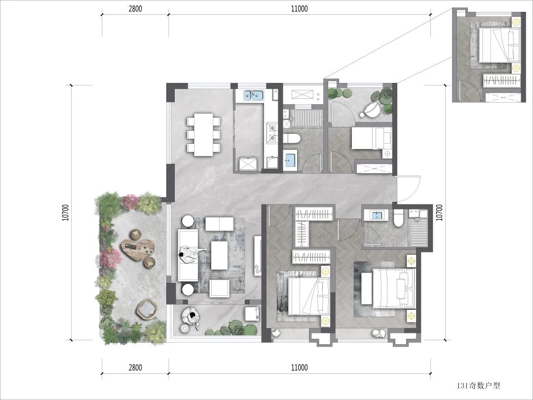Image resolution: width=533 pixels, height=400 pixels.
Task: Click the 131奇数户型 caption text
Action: tap(478, 386)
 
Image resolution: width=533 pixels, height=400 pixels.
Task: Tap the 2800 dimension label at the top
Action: tap(135, 9)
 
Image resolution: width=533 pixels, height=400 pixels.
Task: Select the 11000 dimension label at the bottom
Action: tap(300, 368)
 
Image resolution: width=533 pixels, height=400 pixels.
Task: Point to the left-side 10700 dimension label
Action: tap(66, 212)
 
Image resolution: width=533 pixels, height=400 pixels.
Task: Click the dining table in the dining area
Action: tap(203, 134)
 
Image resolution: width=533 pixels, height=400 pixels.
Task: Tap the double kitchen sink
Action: tap(253, 95)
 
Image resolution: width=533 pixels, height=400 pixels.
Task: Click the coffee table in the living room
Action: tap(219, 255)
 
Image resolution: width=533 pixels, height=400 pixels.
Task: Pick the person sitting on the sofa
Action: tap(190, 254)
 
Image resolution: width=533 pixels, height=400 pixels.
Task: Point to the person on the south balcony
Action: tap(192, 318)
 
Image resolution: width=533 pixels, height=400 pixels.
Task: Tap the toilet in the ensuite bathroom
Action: tap(398, 218)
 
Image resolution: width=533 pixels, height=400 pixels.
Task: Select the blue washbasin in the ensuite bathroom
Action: tap(377, 215)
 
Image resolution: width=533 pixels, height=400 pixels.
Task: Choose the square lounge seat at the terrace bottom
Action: tap(147, 309)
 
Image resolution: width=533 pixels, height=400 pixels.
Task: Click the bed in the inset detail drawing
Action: tap(499, 45)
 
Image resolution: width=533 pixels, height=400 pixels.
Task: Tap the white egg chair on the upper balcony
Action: tap(372, 109)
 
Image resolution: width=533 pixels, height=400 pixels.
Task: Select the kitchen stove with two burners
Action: tap(272, 133)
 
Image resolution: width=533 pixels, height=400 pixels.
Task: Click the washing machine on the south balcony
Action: tap(252, 314)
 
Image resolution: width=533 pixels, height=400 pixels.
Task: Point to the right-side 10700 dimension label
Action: tap(439, 212)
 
